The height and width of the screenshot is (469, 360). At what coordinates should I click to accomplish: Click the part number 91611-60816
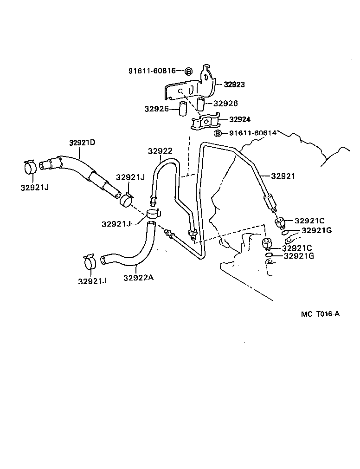152,71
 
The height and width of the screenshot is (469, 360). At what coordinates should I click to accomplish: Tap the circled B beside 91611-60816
188,71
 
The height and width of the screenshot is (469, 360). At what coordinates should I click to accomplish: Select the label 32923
234,85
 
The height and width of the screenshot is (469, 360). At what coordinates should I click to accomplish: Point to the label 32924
240,119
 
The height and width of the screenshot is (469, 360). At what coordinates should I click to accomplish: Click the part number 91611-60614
252,133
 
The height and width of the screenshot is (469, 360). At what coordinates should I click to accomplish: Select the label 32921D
82,143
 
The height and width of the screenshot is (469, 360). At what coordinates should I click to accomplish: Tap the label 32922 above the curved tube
160,151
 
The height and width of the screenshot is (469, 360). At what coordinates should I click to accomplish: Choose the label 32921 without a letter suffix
283,176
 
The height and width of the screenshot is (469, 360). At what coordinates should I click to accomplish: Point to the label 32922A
138,278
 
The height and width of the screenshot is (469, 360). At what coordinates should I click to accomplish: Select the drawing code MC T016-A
320,314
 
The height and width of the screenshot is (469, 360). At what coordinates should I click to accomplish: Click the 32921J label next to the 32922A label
92,281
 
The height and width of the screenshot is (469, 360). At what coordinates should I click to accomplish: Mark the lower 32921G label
299,256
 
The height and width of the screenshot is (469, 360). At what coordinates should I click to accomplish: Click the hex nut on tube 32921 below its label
270,203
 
